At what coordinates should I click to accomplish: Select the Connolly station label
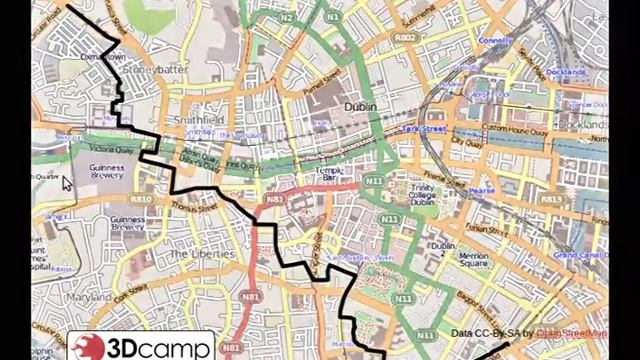pos(496,41)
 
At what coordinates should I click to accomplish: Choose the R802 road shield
pos(404,37)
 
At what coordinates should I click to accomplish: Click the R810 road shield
pos(140,199)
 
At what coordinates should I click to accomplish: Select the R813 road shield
pos(551,199)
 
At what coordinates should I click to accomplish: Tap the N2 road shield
pos(286,18)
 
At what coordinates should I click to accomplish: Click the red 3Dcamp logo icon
pos(87,348)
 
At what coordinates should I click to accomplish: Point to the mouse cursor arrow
pos(67,183)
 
